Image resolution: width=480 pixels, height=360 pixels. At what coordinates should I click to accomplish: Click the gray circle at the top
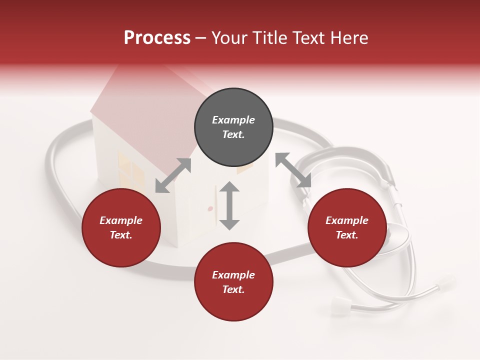233,127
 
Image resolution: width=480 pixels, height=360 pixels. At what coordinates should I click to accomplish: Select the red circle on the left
121,228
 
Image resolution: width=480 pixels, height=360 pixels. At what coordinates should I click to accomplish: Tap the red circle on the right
347,228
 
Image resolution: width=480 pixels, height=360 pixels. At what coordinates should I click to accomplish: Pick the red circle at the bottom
233,282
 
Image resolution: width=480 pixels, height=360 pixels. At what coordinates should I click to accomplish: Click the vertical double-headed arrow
229,205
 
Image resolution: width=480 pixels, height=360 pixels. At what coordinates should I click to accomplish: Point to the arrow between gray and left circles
173,175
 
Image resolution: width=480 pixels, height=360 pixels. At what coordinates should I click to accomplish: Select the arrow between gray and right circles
293,170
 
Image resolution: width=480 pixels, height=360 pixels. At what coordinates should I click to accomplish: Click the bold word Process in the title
157,38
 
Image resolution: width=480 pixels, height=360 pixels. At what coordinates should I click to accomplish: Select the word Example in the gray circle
233,120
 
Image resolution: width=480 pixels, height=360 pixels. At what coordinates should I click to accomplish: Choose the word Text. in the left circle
121,235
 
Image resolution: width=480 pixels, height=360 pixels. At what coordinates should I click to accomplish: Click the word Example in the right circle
347,220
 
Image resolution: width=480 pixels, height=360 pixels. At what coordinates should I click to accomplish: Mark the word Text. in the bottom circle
233,289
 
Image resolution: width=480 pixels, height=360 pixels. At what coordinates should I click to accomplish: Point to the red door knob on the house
210,208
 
